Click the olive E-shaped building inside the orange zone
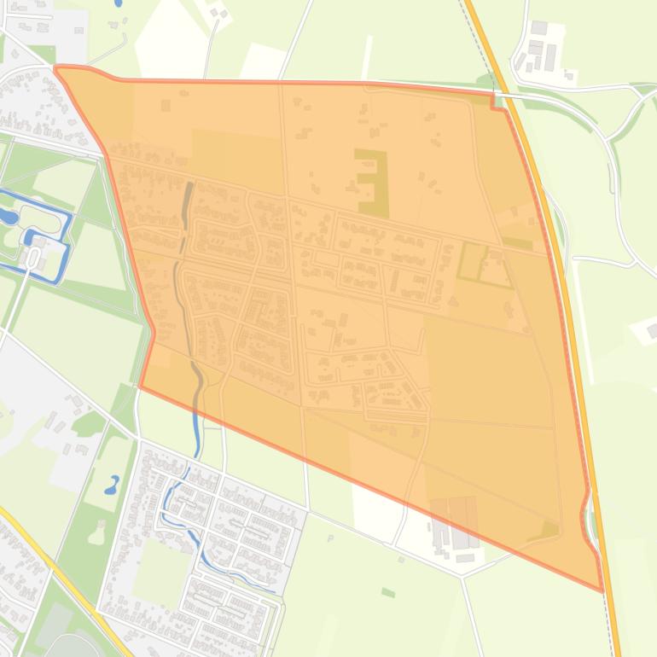[372, 182]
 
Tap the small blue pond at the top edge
[118, 3]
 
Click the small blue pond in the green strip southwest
[112, 487]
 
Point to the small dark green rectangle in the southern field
[388, 592]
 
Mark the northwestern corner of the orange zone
[56, 67]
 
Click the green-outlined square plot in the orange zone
[485, 264]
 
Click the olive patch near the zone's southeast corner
[547, 531]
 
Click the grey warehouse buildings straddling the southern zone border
[456, 520]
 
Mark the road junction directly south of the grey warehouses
[462, 577]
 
